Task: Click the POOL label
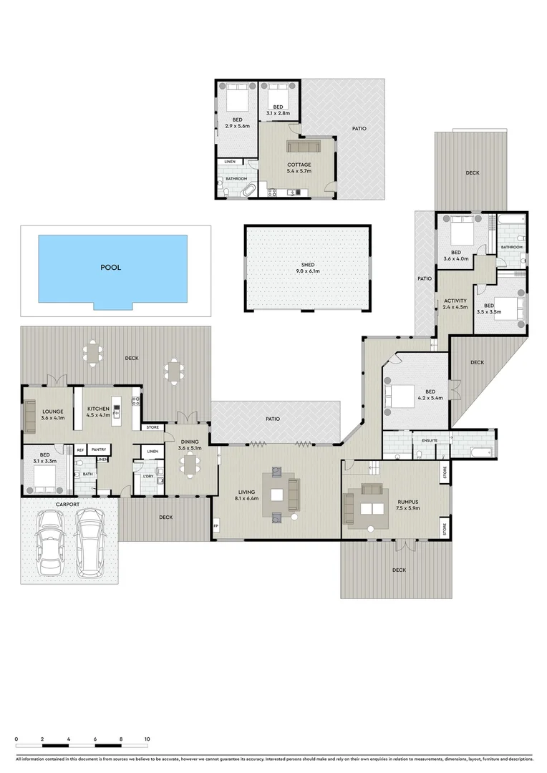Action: click(111, 268)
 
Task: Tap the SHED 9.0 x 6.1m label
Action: click(308, 268)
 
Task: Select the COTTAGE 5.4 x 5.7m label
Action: click(299, 168)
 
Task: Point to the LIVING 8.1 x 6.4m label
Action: click(247, 495)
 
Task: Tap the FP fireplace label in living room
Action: click(216, 528)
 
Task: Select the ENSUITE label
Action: click(430, 439)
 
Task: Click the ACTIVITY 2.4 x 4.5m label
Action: click(455, 303)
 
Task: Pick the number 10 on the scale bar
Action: click(147, 738)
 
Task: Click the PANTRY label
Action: click(99, 449)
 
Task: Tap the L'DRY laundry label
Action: click(149, 475)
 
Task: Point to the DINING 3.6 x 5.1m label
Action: click(190, 444)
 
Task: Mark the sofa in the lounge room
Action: click(30, 417)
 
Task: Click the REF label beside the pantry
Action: click(80, 449)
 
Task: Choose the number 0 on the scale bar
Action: click(16, 738)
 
